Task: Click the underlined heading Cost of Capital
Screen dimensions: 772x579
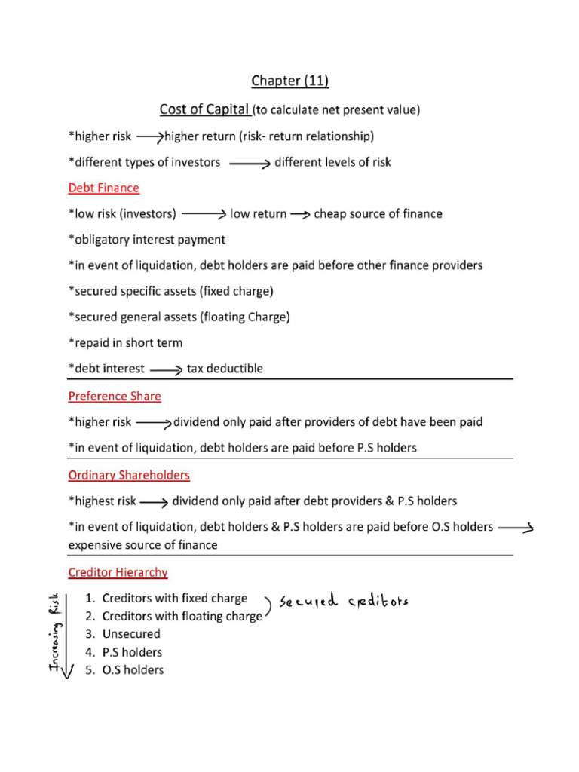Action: tap(205, 110)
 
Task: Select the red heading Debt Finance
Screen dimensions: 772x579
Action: tap(103, 188)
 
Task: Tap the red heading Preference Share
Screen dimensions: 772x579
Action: tap(115, 396)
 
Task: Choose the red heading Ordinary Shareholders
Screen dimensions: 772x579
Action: tap(129, 475)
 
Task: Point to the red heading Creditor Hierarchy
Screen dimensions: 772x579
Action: tap(118, 572)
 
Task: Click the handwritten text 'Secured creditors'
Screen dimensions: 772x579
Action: tap(344, 602)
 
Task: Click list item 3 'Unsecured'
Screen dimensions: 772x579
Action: tap(131, 634)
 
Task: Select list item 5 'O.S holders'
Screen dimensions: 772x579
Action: tap(133, 669)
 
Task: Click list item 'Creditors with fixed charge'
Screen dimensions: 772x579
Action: tap(174, 598)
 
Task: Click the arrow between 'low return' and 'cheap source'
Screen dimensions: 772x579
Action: tap(300, 215)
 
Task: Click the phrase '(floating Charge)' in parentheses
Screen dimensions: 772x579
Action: tap(245, 317)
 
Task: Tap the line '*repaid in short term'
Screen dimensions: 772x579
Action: tap(125, 343)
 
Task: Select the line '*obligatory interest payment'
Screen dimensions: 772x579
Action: tap(146, 240)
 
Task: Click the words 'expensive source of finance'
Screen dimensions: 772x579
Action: tap(142, 545)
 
